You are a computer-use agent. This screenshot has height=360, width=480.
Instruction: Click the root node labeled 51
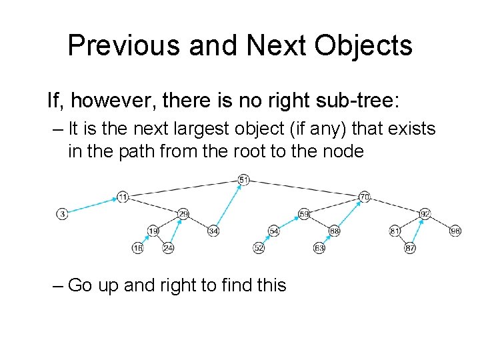[243, 180]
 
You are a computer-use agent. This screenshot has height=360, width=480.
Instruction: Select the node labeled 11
[123, 197]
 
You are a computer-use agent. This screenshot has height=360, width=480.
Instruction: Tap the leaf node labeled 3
[62, 214]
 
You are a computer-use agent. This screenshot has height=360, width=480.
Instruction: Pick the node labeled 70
[364, 197]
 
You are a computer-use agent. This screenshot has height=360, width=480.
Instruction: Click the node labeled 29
[183, 214]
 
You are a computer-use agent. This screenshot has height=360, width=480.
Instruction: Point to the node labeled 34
[213, 231]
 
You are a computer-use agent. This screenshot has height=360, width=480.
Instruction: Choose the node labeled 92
[425, 214]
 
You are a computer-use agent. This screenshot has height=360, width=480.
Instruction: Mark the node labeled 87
[410, 248]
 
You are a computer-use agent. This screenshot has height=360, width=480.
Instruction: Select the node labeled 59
[304, 214]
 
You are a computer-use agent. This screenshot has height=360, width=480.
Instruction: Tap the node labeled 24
[168, 248]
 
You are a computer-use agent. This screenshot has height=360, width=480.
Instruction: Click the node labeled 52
[259, 248]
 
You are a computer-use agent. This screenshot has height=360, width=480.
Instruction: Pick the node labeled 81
[395, 231]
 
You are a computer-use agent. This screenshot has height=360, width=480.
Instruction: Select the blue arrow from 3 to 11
[92, 205]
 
